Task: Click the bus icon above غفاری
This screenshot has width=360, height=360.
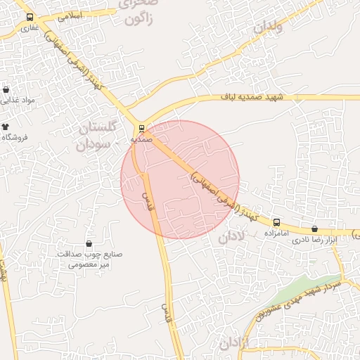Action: pos(30,17)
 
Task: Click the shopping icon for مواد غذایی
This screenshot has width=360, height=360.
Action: pos(6,90)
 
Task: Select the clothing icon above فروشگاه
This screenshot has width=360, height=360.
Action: pos(6,127)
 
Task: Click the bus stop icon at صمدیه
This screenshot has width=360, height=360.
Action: pos(142,129)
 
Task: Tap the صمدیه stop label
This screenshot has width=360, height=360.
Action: pos(142,139)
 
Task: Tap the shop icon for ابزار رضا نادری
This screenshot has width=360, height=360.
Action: pos(314,229)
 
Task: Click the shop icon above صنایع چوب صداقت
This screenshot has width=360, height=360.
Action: pos(89,243)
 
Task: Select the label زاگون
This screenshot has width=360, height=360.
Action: pos(143,20)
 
